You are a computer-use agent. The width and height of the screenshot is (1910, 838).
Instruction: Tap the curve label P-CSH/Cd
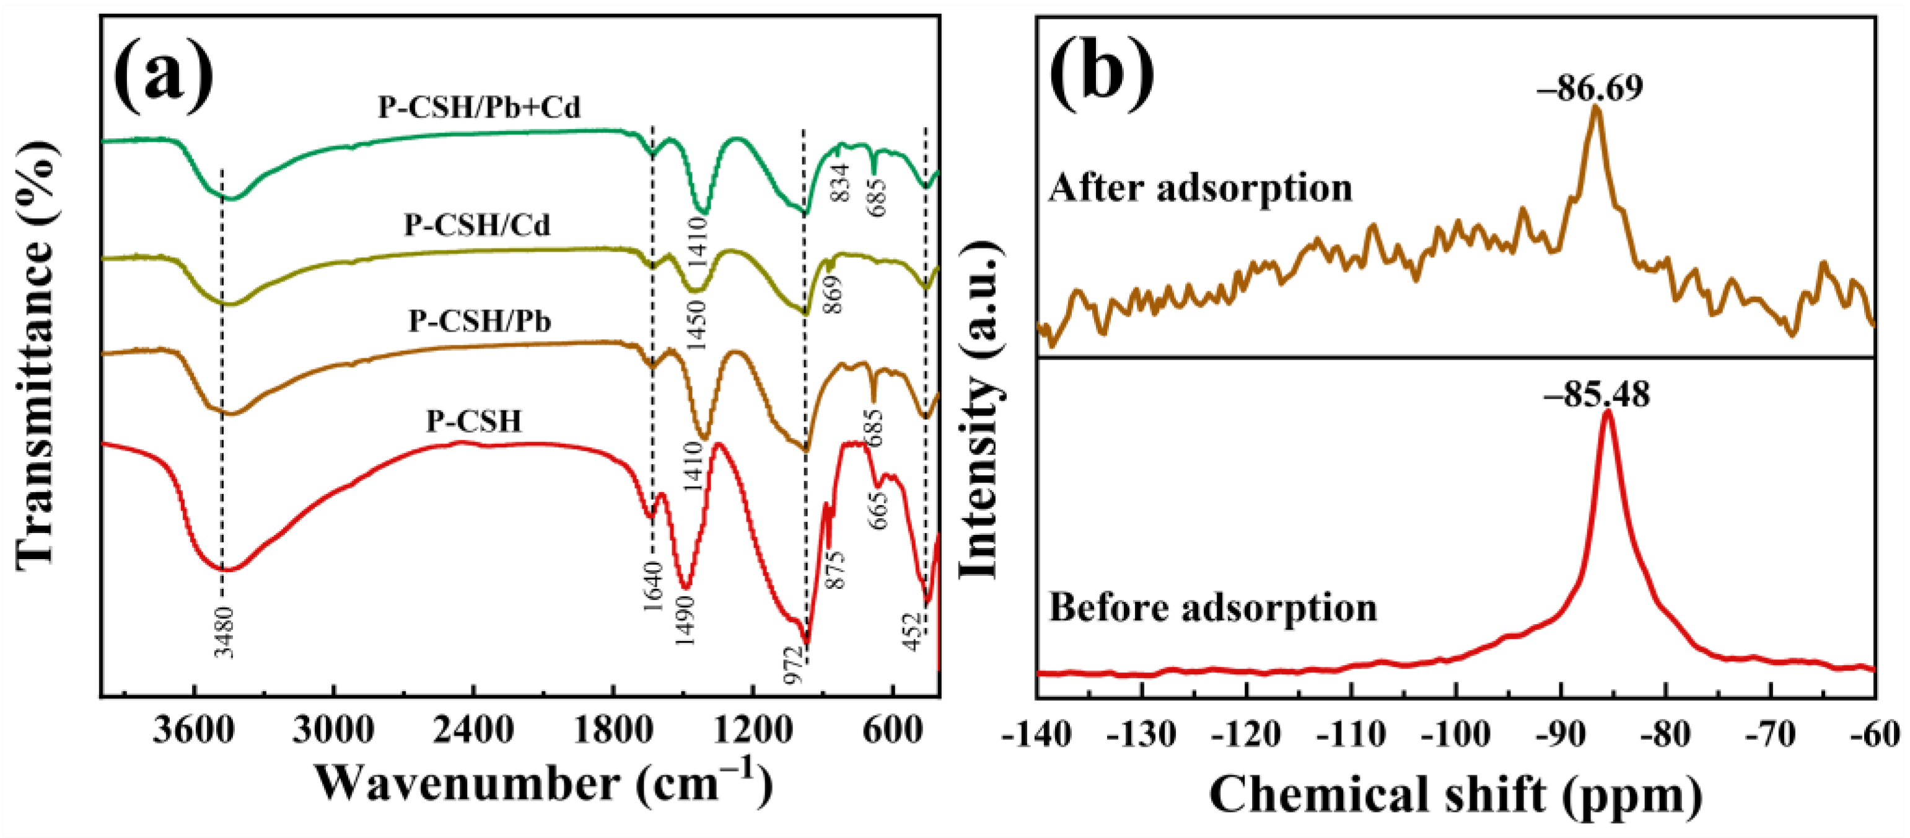pos(477,225)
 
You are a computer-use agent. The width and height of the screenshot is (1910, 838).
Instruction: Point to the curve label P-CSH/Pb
pos(480,321)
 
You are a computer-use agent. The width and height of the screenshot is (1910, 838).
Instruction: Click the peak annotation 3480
pos(224,632)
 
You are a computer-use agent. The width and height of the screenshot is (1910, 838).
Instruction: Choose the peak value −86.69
pos(1589,87)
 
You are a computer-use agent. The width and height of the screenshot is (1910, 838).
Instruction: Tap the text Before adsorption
pos(1213,607)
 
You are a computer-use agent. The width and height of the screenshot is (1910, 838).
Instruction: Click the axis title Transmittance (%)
pos(35,356)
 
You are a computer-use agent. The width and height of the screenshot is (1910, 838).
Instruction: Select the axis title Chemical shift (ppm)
pos(1455,796)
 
